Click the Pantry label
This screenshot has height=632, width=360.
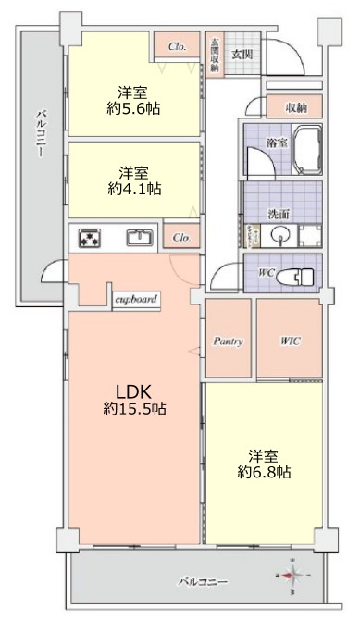pyautogui.click(x=228, y=341)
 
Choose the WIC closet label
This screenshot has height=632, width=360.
pyautogui.click(x=289, y=341)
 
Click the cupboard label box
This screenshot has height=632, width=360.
pyautogui.click(x=136, y=300)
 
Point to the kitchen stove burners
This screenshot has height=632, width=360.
pyautogui.click(x=90, y=238)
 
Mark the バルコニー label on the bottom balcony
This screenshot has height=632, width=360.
pyautogui.click(x=203, y=581)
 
